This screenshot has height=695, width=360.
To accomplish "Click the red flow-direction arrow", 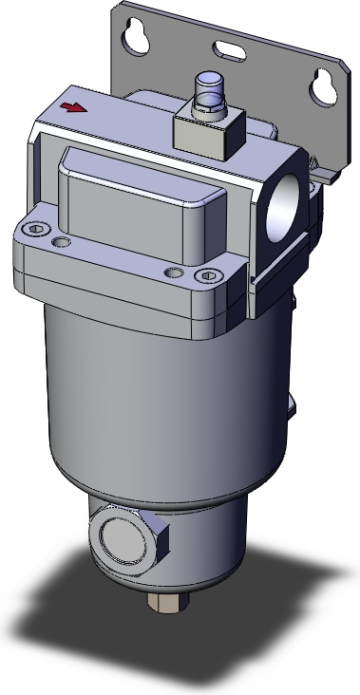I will pyautogui.click(x=69, y=108).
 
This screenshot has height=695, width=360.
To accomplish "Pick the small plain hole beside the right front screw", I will pyautogui.click(x=172, y=273).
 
